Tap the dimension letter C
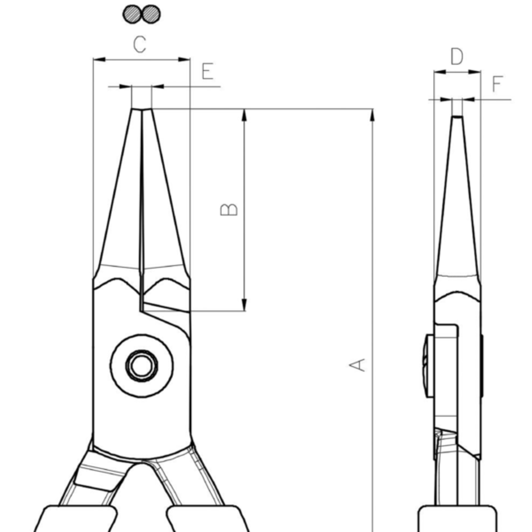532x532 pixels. coord(140,45)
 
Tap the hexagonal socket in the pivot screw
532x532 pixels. coord(142,365)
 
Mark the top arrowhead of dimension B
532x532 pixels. coord(244,115)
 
